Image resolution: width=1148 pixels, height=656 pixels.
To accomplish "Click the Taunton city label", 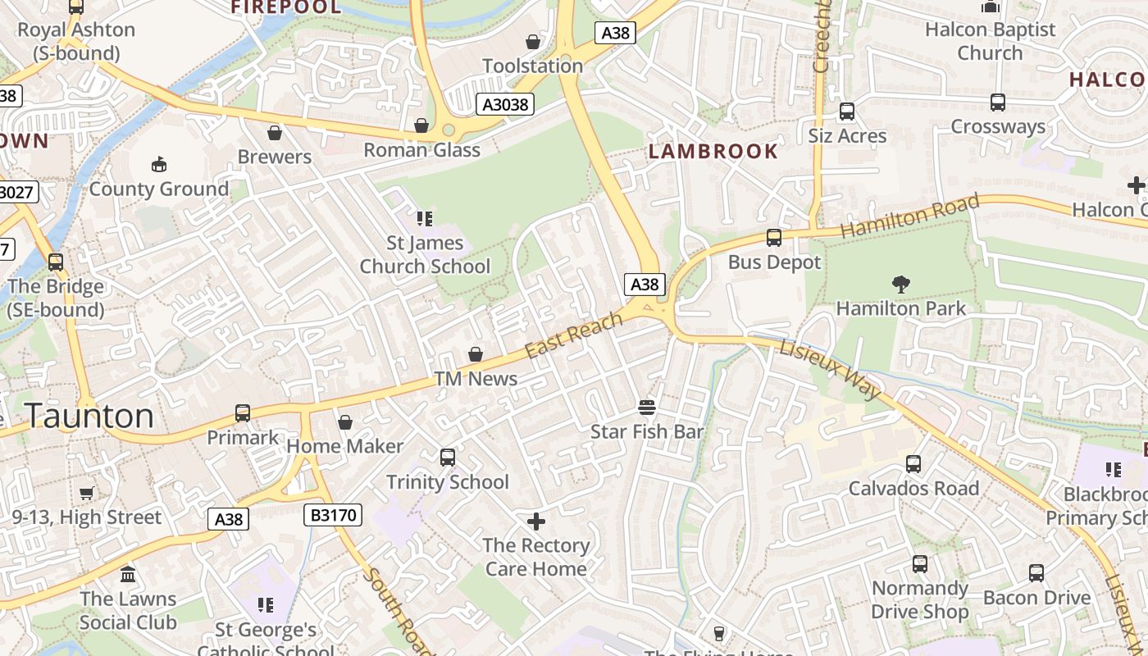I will click(89, 416).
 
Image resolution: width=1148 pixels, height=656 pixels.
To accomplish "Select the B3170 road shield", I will click(333, 515).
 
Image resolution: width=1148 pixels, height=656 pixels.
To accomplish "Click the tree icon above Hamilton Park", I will click(901, 285).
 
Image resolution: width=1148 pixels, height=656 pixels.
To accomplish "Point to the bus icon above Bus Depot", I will click(774, 238).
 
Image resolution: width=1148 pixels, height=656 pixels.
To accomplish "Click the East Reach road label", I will click(574, 336).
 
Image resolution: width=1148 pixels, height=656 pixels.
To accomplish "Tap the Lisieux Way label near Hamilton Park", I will click(831, 369).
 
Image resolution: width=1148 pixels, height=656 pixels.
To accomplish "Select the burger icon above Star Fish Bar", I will click(647, 408).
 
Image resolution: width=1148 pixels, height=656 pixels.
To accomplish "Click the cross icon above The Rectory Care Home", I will click(536, 522).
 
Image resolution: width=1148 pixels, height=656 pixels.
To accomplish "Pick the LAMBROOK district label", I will click(713, 151).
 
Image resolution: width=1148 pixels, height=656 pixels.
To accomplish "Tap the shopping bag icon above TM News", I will click(476, 354).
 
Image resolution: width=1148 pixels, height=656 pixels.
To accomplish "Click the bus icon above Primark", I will click(243, 413).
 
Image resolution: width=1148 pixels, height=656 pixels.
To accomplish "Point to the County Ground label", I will click(159, 189).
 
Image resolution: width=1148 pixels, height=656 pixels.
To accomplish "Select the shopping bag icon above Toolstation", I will click(533, 42).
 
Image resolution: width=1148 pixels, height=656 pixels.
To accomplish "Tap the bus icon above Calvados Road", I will click(913, 464).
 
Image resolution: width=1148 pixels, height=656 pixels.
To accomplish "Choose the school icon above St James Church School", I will click(425, 218).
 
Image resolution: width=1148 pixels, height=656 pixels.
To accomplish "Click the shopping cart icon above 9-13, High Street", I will click(87, 493).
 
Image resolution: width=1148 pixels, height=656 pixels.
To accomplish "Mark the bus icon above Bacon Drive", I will click(1036, 573).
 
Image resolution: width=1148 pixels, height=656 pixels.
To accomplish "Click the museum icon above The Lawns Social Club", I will click(128, 574).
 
